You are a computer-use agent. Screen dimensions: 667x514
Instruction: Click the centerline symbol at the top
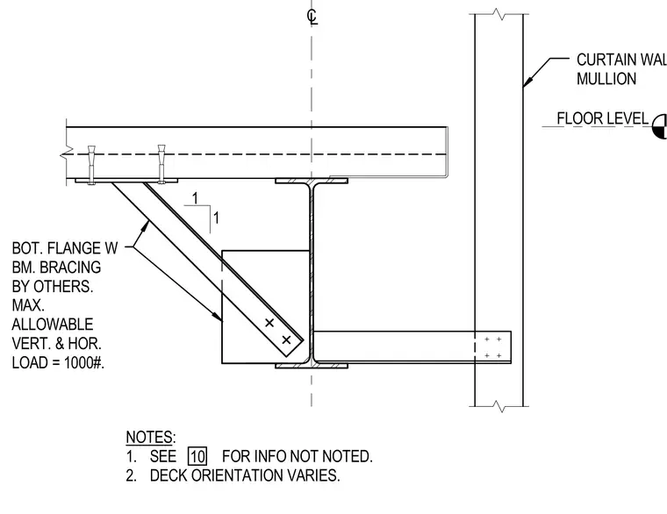point(312,17)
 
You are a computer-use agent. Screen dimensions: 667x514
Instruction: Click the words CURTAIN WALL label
point(621,60)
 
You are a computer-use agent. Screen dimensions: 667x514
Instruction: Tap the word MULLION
point(606,79)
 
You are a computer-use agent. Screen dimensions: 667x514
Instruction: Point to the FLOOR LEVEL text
point(602,118)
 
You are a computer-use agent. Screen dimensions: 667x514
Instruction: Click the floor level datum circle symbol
point(660,126)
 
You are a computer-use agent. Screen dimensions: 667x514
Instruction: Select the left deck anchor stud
point(91,165)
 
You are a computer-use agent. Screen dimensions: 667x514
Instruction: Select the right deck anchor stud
point(161,164)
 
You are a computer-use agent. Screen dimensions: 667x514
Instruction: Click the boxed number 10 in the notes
point(197,456)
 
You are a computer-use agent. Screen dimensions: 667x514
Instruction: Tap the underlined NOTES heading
point(151,437)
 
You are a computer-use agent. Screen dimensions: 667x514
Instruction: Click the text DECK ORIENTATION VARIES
point(245,475)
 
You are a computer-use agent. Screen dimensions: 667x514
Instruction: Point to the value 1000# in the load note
point(83,362)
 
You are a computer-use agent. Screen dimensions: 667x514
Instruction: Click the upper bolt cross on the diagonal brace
point(269,323)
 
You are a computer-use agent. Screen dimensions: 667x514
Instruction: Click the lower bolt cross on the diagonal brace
point(286,339)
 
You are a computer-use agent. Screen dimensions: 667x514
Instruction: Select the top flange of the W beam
point(312,181)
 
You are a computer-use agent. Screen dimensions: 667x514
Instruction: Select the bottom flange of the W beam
point(312,365)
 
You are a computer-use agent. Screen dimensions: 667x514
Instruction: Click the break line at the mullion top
point(499,14)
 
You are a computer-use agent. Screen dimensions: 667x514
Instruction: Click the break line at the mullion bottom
point(499,406)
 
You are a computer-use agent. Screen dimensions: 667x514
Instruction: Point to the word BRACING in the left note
point(70,267)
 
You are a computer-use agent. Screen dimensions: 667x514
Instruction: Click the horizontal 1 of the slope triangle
point(195,198)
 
